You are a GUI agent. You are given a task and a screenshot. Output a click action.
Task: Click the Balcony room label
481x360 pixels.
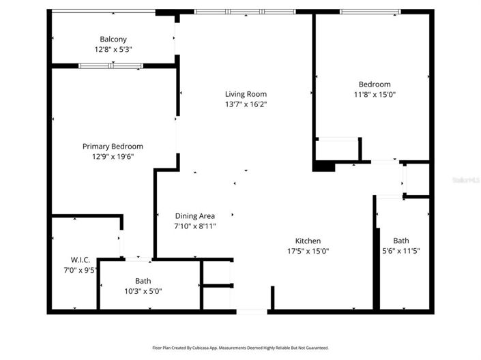(113, 40)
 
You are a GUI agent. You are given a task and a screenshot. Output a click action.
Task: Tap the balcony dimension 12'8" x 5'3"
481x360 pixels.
(113, 50)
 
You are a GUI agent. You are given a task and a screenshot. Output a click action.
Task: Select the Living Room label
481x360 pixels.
(246, 94)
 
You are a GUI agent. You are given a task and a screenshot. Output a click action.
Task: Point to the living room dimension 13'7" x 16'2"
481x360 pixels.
(246, 104)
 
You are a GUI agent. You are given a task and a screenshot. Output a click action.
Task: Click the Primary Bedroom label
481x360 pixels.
(113, 146)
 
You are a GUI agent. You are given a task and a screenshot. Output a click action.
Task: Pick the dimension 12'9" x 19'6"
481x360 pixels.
(113, 156)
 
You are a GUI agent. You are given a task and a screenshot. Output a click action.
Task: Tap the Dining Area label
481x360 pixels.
(195, 216)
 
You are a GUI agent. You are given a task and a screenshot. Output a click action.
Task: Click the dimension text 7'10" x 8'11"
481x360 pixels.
(195, 226)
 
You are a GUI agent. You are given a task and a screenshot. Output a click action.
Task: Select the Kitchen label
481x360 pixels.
(308, 241)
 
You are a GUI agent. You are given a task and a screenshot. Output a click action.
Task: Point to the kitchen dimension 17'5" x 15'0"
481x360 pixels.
(308, 251)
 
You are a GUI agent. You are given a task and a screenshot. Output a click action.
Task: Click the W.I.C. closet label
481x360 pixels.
(81, 260)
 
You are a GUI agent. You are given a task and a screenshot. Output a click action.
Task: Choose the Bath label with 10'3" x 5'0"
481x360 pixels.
(143, 281)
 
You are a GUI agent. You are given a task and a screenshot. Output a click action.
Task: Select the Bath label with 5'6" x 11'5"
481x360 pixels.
(401, 241)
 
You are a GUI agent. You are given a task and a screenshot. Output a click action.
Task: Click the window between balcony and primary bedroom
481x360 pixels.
(111, 66)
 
